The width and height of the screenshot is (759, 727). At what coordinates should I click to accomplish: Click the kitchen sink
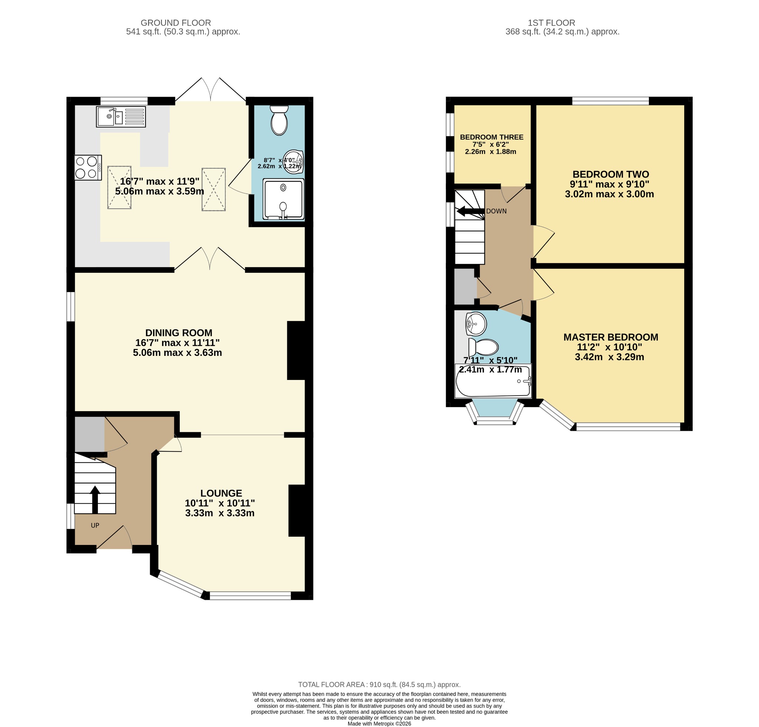pyautogui.click(x=121, y=116)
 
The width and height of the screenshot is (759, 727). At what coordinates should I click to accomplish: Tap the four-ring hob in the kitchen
pyautogui.click(x=88, y=168)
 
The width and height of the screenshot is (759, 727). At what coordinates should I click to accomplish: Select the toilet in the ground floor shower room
pyautogui.click(x=279, y=120)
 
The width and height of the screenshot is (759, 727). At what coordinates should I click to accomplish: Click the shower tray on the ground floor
pyautogui.click(x=284, y=199)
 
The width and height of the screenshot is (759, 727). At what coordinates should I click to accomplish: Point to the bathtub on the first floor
pyautogui.click(x=493, y=381)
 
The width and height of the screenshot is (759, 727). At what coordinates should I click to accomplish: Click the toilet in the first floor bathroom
pyautogui.click(x=483, y=347)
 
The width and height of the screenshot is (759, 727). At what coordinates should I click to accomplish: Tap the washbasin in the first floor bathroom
pyautogui.click(x=476, y=323)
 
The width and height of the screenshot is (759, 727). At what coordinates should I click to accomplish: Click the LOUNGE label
pyautogui.click(x=221, y=493)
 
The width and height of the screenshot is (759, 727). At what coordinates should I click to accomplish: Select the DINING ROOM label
pyautogui.click(x=179, y=333)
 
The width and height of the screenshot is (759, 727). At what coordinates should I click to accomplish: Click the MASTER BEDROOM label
pyautogui.click(x=611, y=337)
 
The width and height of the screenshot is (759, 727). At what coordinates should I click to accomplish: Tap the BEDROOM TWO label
pyautogui.click(x=611, y=174)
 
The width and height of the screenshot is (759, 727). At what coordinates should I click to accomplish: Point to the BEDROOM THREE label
pyautogui.click(x=491, y=137)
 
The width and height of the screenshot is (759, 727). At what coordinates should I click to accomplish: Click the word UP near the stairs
pyautogui.click(x=95, y=525)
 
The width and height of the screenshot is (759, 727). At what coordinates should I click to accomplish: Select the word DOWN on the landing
pyautogui.click(x=497, y=211)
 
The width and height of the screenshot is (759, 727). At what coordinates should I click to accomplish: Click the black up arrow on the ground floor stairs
pyautogui.click(x=95, y=500)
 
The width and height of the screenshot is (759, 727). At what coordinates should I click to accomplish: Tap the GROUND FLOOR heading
pyautogui.click(x=176, y=23)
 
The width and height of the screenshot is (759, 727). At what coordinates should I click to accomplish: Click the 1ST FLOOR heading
pyautogui.click(x=551, y=23)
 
